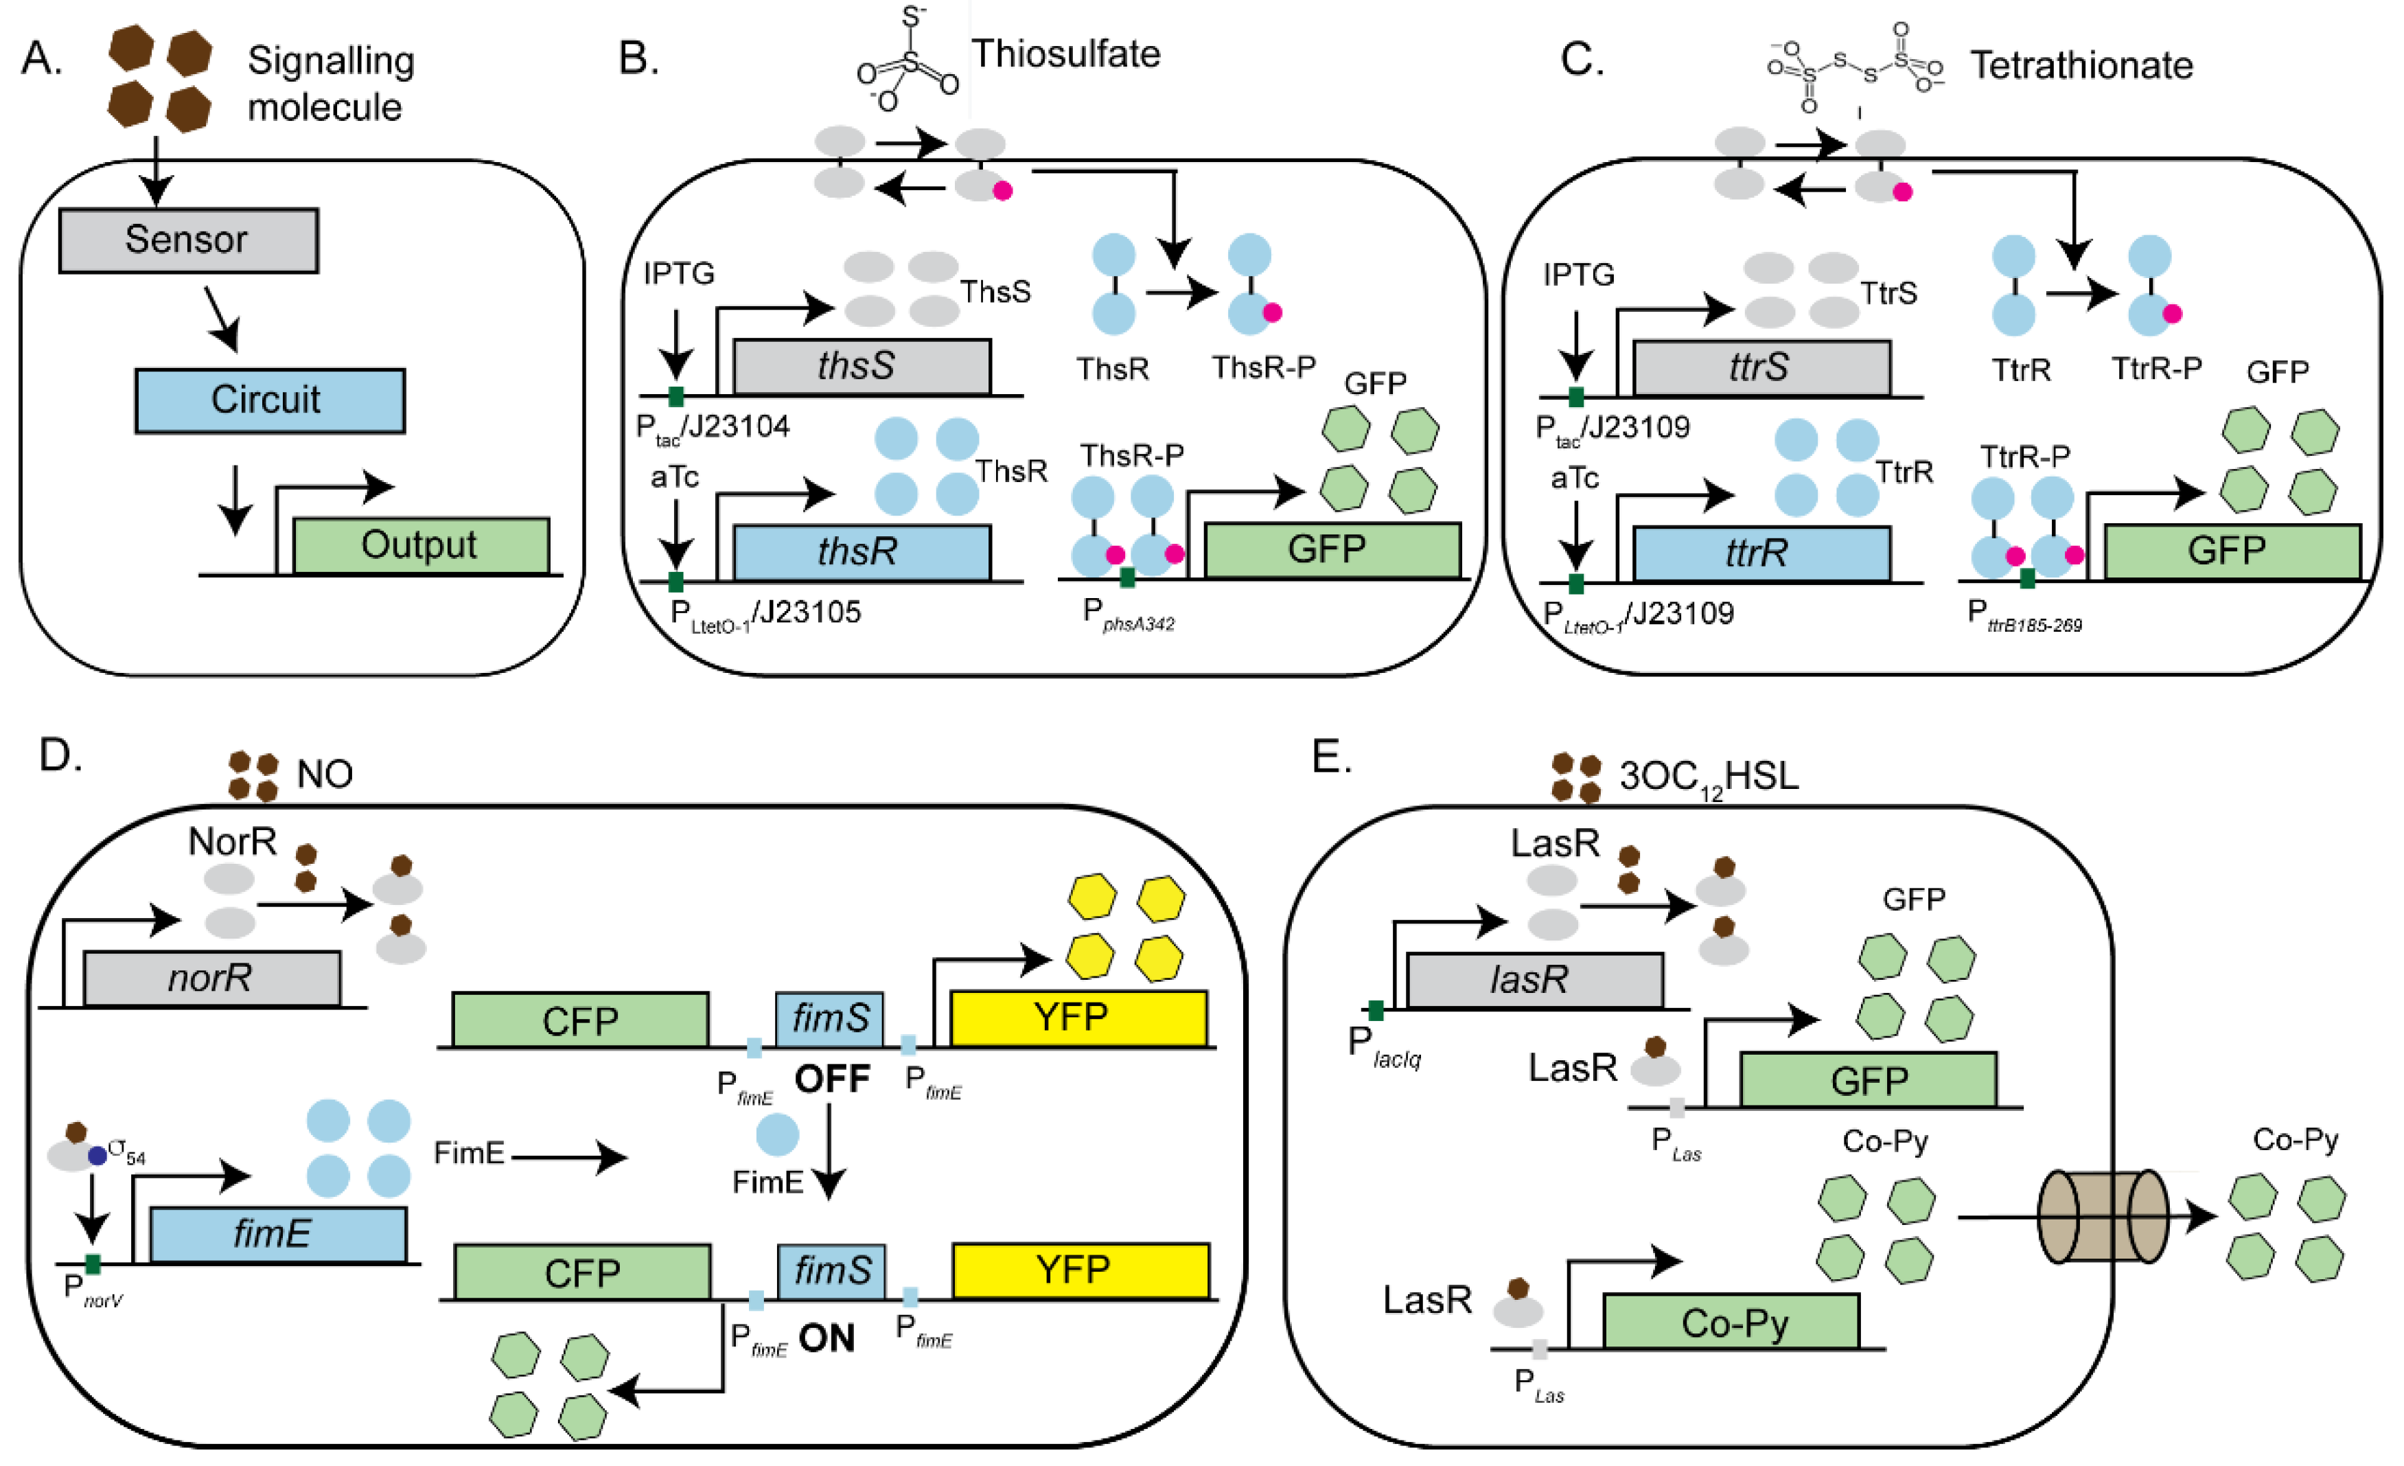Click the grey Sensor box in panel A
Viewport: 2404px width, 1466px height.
[188, 240]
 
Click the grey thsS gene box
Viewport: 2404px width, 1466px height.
[861, 367]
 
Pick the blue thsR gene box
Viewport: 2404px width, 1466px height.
[861, 553]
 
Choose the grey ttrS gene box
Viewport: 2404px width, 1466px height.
[1761, 368]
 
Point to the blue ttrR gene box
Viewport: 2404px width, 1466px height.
[1761, 553]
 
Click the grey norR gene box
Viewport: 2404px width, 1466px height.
[211, 978]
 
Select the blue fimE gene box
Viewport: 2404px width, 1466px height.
[277, 1235]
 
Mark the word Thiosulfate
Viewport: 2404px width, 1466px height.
[1065, 55]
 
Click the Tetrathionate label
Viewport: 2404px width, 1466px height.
[2081, 65]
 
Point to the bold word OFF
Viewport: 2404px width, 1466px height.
[831, 1079]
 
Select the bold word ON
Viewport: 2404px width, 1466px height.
[827, 1338]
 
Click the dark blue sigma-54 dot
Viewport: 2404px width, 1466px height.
[97, 1156]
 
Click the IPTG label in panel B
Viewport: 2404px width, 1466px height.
[678, 273]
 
